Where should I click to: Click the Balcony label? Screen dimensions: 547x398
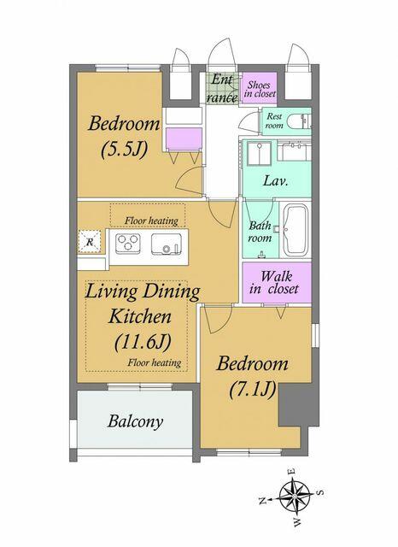pos(135,421)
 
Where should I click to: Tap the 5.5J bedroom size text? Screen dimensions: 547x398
pos(125,148)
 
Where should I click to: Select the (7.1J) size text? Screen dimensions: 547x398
pos(252,390)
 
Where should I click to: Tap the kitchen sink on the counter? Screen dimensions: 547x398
pos(167,244)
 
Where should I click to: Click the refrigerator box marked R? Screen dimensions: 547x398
pos(87,242)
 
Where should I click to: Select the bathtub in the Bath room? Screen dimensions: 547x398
pos(296,229)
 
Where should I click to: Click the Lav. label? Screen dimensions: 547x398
pos(274,181)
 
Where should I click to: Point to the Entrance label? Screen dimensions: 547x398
pos(222,89)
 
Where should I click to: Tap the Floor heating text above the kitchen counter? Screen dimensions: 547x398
pos(152,220)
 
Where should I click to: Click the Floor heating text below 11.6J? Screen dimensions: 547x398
pos(154,362)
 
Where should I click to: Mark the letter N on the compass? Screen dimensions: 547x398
pos(262,503)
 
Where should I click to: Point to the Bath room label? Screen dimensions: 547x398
pos(260,232)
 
